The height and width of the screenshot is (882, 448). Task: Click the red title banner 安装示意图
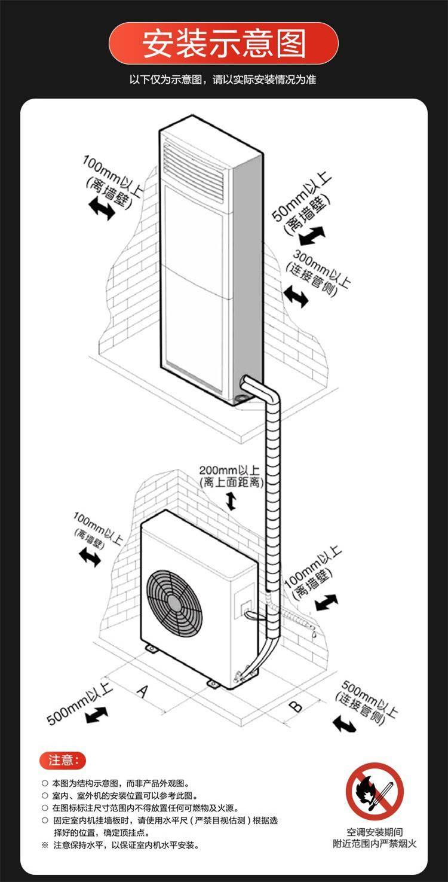tap(223, 44)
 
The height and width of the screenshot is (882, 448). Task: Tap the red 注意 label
tap(63, 760)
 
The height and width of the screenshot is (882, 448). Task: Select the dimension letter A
tap(143, 691)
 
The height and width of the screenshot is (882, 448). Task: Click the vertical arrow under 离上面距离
tap(231, 501)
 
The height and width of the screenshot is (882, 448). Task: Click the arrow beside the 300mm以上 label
tap(296, 295)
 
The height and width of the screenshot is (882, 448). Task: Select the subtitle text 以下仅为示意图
tap(223, 80)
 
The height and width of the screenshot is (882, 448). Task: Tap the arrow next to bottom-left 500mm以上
tap(96, 713)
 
